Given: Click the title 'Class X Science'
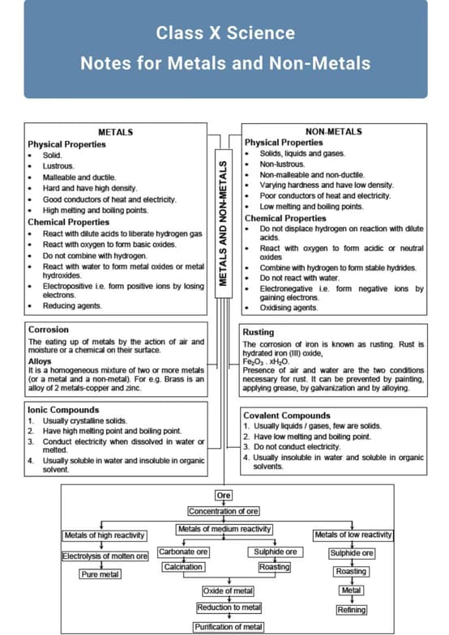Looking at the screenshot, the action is (x=225, y=33).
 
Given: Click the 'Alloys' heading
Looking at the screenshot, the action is (x=40, y=361).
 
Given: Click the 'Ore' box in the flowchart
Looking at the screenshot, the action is (x=224, y=495).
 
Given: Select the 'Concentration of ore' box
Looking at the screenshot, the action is (x=224, y=511).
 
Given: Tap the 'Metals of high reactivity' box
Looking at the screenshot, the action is (x=105, y=535).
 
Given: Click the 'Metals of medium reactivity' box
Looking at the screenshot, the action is (x=224, y=529).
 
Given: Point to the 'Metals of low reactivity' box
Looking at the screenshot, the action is (x=353, y=535).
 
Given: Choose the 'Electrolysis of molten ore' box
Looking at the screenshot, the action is (x=105, y=556).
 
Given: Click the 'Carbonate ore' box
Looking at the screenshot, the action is (x=183, y=552).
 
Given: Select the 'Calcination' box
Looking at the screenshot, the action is (x=183, y=567).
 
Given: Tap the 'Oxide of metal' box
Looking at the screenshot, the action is (x=229, y=591).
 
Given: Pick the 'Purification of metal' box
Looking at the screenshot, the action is (x=229, y=627).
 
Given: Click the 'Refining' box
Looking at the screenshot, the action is (x=352, y=610).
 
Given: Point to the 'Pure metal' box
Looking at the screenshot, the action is (x=100, y=574).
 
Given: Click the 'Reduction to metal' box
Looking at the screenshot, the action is (x=229, y=607).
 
